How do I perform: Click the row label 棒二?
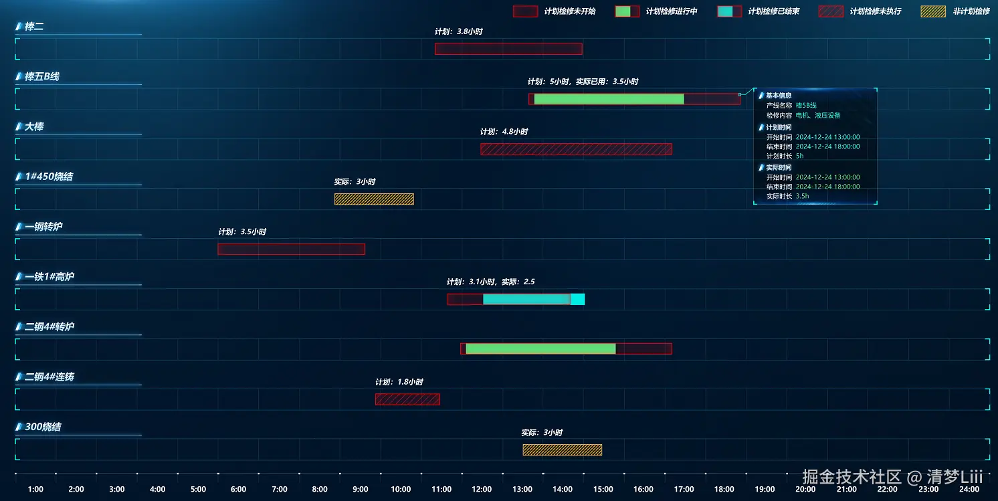(x=34, y=27)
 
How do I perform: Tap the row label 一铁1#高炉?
(x=49, y=277)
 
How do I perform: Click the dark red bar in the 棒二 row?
(x=508, y=49)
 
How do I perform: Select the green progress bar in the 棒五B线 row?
(x=609, y=99)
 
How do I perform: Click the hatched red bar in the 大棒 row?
(x=576, y=149)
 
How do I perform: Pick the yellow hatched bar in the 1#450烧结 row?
(x=374, y=199)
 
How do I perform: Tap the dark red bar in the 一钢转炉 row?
(x=291, y=249)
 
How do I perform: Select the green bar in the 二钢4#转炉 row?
(x=540, y=348)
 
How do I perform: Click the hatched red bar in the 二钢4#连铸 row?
(x=407, y=399)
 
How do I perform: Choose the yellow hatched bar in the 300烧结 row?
(x=562, y=449)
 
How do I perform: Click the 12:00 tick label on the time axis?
(x=482, y=489)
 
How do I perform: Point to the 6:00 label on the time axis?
(x=239, y=489)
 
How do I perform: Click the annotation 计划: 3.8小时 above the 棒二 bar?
(x=459, y=31)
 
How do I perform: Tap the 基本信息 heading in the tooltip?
(x=779, y=96)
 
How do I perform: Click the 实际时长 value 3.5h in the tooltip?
(x=802, y=196)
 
